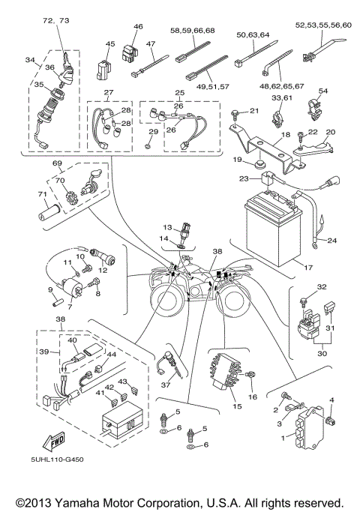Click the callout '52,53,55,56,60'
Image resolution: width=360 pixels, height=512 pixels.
click(x=324, y=25)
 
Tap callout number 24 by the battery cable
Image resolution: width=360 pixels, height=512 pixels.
click(x=332, y=241)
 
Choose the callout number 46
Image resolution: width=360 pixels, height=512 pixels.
click(x=137, y=27)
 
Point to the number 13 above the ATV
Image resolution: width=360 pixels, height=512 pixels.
click(x=168, y=226)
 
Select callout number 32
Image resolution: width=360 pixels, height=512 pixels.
click(x=301, y=287)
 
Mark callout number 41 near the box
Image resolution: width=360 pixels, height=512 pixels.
click(x=99, y=393)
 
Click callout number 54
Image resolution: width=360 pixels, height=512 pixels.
click(x=323, y=91)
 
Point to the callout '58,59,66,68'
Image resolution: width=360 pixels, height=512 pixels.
click(x=192, y=31)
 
